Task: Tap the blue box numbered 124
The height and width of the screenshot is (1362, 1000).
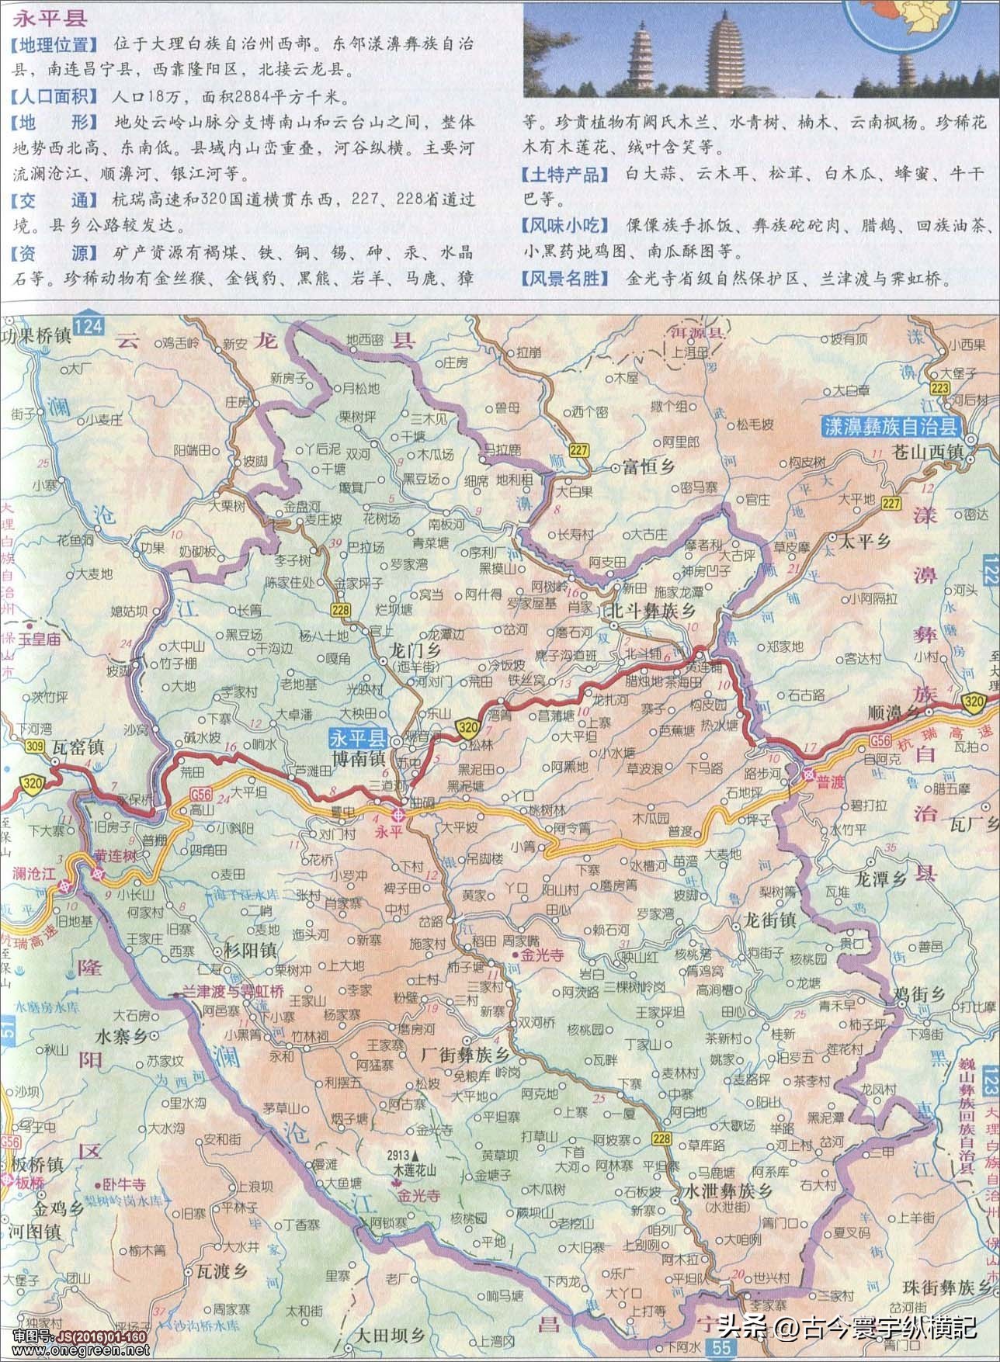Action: (89, 327)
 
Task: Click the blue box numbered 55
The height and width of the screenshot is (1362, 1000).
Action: (720, 1350)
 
